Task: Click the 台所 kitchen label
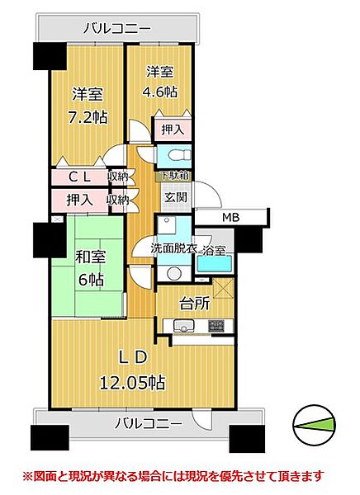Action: click(194, 303)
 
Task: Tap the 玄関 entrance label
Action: click(175, 197)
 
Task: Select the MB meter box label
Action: click(230, 218)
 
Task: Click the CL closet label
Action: click(79, 176)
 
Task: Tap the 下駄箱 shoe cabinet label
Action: click(173, 176)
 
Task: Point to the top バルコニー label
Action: click(117, 29)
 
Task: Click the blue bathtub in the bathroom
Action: click(215, 265)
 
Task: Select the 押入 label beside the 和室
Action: click(79, 199)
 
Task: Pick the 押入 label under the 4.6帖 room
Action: click(172, 130)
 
